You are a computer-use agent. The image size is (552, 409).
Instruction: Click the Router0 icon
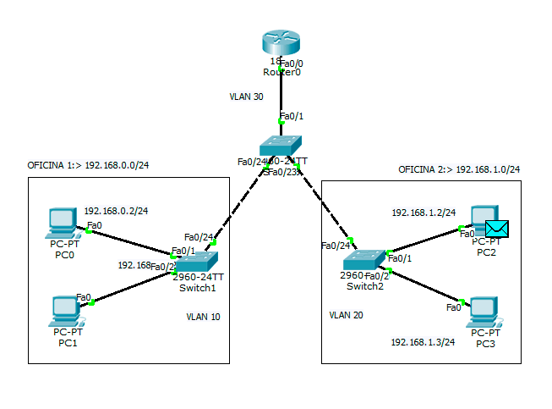(x=281, y=43)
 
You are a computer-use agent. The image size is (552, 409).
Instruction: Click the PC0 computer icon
(x=63, y=223)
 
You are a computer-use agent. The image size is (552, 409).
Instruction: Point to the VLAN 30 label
(x=247, y=97)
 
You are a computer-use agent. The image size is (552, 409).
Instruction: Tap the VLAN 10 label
(x=203, y=317)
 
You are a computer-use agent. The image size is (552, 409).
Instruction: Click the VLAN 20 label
(x=346, y=315)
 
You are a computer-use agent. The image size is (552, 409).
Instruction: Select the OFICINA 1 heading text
(x=94, y=166)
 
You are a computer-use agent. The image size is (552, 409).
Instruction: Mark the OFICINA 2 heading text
(x=459, y=169)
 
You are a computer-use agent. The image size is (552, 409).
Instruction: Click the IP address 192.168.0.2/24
(x=122, y=210)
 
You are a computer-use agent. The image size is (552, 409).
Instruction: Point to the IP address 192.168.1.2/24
(x=424, y=213)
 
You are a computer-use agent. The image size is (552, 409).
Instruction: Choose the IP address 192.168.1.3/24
(x=423, y=342)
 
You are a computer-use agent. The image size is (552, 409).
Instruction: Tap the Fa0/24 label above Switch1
(x=198, y=237)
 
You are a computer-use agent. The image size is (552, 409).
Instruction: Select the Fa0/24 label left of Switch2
(x=336, y=246)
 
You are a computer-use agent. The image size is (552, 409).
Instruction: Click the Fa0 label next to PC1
(x=84, y=296)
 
